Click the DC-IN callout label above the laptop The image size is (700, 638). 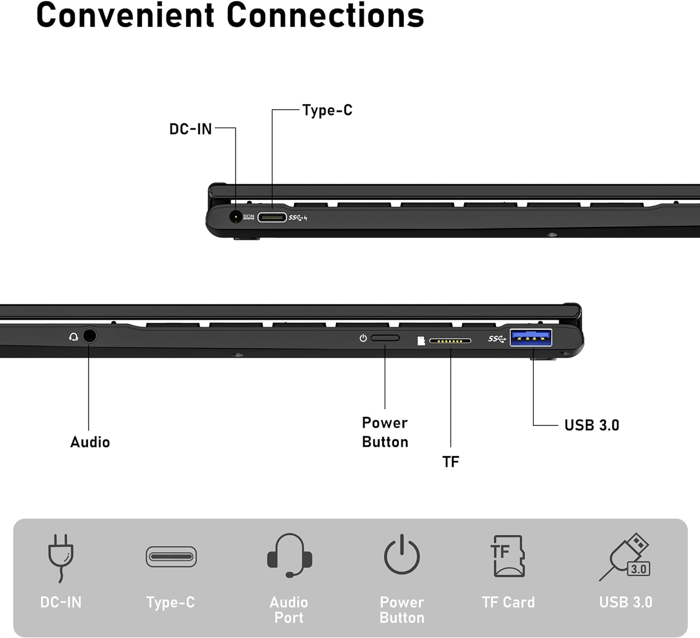190,129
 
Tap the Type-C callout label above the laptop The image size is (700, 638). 327,111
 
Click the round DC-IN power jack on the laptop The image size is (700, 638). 236,217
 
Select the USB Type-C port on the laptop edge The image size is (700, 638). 272,217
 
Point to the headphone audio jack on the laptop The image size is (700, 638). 90,336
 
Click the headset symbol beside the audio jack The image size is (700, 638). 73,337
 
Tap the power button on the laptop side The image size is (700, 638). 385,338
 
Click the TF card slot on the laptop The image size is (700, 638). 450,341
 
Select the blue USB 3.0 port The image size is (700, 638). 531,338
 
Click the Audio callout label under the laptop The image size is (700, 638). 90,442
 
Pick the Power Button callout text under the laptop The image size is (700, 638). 385,432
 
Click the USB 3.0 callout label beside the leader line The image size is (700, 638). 592,425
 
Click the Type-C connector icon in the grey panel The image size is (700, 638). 171,557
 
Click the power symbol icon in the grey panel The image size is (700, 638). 402,555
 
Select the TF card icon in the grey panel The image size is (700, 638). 508,556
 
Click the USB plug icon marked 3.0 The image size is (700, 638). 626,557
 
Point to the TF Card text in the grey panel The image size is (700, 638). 508,602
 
